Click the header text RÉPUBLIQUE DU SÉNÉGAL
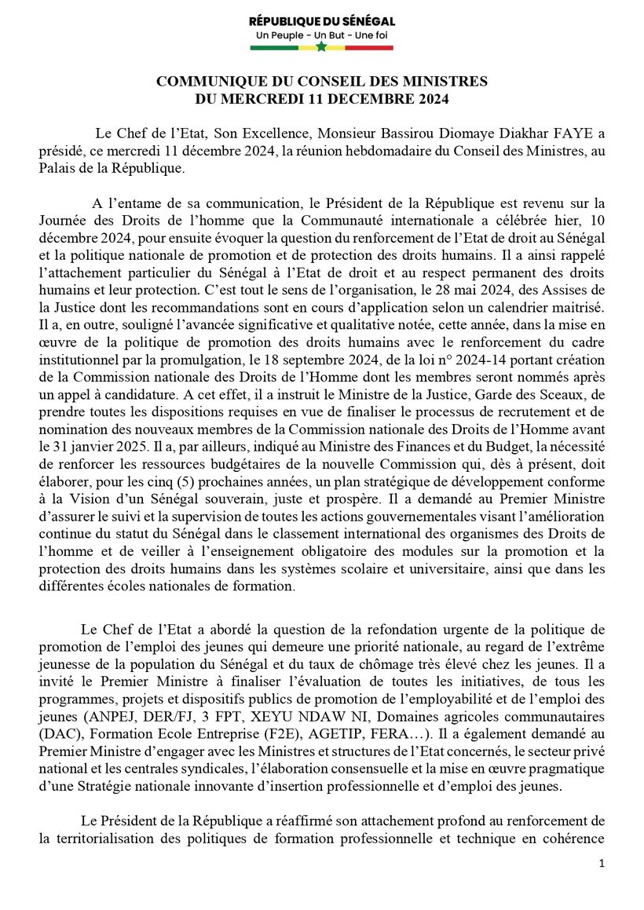tap(322, 21)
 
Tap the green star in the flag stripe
tap(321, 48)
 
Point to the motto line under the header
tap(322, 36)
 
